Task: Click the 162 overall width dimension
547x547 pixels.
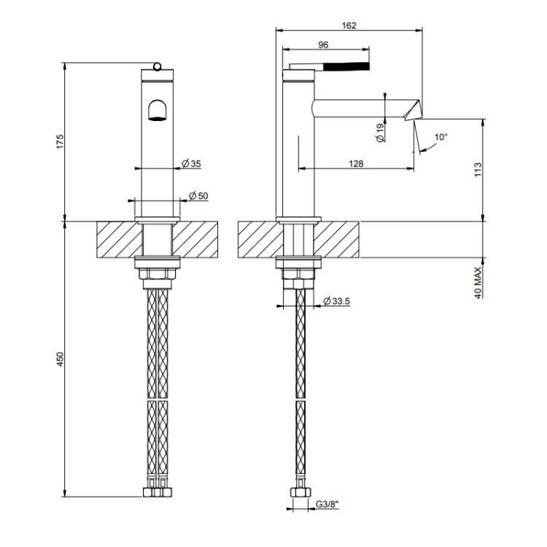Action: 349,26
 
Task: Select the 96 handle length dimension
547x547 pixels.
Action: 323,44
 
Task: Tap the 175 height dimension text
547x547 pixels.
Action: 61,141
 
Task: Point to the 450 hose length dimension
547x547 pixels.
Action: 61,360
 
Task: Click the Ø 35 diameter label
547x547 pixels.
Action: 192,163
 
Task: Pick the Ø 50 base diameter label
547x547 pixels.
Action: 198,195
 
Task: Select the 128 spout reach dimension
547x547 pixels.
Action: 356,163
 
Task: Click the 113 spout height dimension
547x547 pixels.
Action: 478,169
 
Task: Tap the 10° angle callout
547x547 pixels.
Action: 441,137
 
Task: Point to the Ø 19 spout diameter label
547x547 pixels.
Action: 380,133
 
